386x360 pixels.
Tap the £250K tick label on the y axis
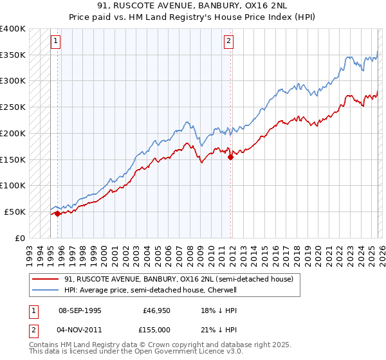[12, 107]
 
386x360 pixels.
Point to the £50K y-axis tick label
[15, 212]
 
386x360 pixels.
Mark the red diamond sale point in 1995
[57, 213]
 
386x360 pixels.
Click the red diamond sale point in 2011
[230, 157]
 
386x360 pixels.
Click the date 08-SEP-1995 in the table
[80, 310]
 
